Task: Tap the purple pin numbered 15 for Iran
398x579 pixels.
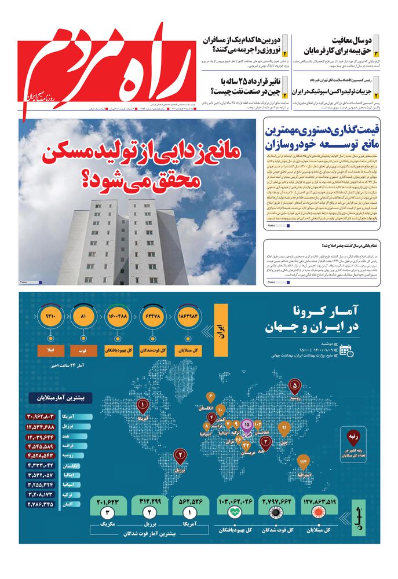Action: [247, 426]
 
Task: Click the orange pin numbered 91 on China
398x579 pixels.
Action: [284, 429]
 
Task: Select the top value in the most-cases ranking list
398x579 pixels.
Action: [49, 416]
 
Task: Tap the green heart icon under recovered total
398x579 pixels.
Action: [236, 512]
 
